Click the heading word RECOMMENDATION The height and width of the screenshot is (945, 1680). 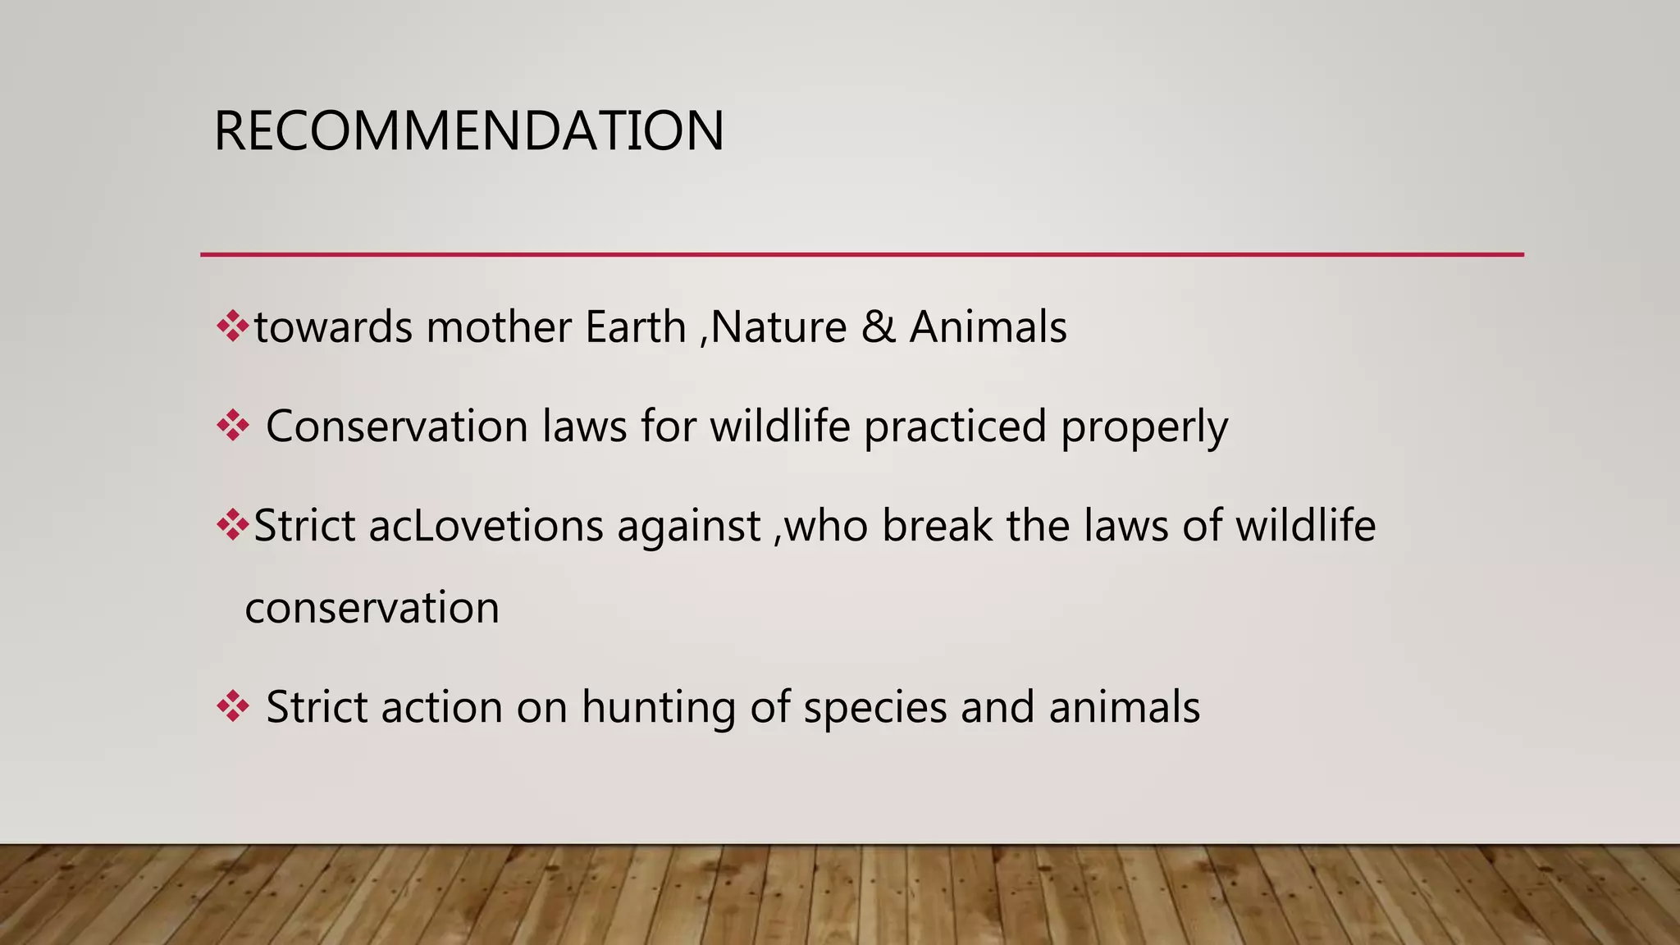tap(468, 131)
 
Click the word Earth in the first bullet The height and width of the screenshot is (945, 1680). tap(635, 327)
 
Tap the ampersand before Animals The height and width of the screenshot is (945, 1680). tap(879, 327)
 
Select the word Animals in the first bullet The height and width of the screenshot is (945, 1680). tap(988, 327)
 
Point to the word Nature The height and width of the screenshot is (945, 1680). tap(778, 327)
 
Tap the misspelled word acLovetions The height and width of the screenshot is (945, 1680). tap(486, 526)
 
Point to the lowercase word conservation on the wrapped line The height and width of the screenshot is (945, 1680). tap(372, 609)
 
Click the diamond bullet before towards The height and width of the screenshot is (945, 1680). tap(232, 326)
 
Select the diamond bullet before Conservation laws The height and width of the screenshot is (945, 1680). tap(232, 426)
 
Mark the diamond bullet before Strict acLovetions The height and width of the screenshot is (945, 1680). tap(232, 525)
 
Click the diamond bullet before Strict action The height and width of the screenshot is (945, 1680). tap(232, 706)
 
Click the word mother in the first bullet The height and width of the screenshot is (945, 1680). tap(498, 327)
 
